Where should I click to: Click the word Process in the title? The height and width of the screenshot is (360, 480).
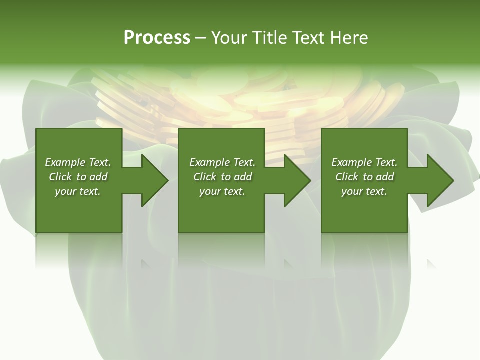157,38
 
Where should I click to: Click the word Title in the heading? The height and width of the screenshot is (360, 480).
269,38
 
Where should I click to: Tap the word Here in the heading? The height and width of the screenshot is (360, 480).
348,38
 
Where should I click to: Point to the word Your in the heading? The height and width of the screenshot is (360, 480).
229,38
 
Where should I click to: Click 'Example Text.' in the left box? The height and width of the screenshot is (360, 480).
78,162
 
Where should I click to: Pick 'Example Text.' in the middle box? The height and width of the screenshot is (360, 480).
222,162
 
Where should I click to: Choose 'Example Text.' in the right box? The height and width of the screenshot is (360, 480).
364,162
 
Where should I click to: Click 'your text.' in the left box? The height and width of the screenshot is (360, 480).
78,191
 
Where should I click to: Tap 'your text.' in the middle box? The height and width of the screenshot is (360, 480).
222,191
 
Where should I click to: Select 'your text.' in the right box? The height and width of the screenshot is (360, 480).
364,191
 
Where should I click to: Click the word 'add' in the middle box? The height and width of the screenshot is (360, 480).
243,177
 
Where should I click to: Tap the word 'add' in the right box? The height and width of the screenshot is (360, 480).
385,177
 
